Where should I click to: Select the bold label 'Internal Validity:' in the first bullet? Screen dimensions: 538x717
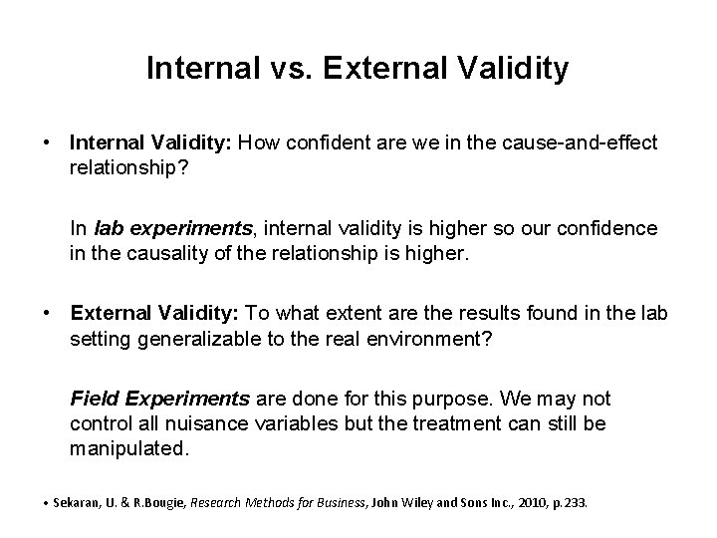[x=150, y=143]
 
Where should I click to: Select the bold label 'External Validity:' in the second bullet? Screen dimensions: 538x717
[x=152, y=314]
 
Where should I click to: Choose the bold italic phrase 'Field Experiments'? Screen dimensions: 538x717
[x=160, y=400]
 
